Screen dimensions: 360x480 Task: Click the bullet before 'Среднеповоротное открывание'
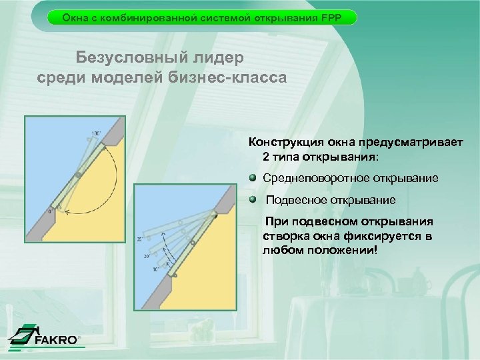point(253,179)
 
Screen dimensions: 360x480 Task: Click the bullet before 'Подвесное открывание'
point(253,199)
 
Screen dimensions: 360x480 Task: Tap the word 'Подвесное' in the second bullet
point(293,199)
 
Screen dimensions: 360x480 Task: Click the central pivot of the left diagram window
point(77,175)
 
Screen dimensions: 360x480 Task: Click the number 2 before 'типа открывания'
point(267,158)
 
